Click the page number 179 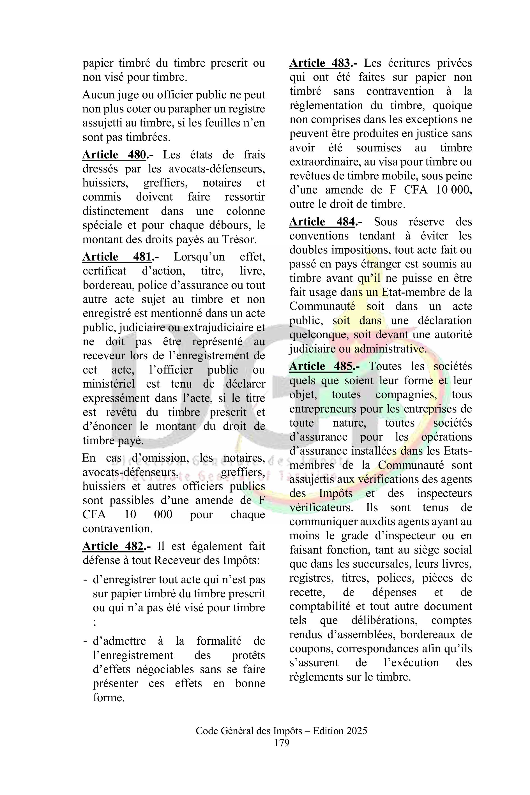(x=282, y=743)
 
